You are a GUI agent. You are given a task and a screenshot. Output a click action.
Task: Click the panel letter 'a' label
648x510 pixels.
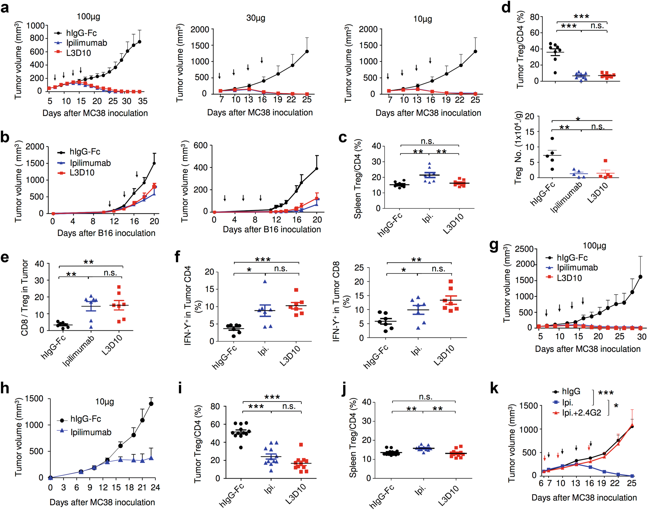(5, 7)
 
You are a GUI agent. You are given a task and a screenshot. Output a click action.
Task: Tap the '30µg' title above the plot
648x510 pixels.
(256, 18)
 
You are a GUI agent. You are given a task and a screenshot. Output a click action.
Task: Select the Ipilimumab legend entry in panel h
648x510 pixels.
(91, 432)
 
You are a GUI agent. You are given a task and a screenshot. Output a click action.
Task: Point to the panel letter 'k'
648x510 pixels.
(494, 388)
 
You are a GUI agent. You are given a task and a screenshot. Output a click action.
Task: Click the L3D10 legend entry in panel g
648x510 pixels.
(569, 278)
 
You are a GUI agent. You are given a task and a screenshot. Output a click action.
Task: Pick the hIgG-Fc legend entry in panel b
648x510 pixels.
(85, 152)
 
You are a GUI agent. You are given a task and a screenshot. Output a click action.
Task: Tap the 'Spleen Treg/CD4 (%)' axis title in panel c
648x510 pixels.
(357, 179)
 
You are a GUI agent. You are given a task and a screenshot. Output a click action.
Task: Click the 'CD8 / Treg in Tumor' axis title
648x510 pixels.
(25, 298)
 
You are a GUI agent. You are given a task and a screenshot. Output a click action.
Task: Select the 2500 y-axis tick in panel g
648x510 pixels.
(524, 249)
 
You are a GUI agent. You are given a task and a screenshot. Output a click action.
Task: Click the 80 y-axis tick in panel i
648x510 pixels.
(215, 406)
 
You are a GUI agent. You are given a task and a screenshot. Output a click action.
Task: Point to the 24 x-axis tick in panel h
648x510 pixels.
(156, 488)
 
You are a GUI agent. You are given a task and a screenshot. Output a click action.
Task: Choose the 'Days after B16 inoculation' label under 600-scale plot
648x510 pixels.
(272, 229)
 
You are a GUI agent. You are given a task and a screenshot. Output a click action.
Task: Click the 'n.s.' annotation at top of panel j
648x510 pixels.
(425, 397)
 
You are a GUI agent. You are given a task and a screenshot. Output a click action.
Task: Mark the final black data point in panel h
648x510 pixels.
(151, 404)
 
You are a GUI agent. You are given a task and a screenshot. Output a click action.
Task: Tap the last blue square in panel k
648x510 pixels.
(632, 476)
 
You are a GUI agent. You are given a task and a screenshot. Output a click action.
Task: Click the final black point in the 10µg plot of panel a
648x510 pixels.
(475, 51)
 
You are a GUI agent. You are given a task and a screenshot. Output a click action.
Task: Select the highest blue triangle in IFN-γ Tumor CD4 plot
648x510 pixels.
(265, 282)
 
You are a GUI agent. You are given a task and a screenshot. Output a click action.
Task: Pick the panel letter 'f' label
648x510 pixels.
(178, 257)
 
